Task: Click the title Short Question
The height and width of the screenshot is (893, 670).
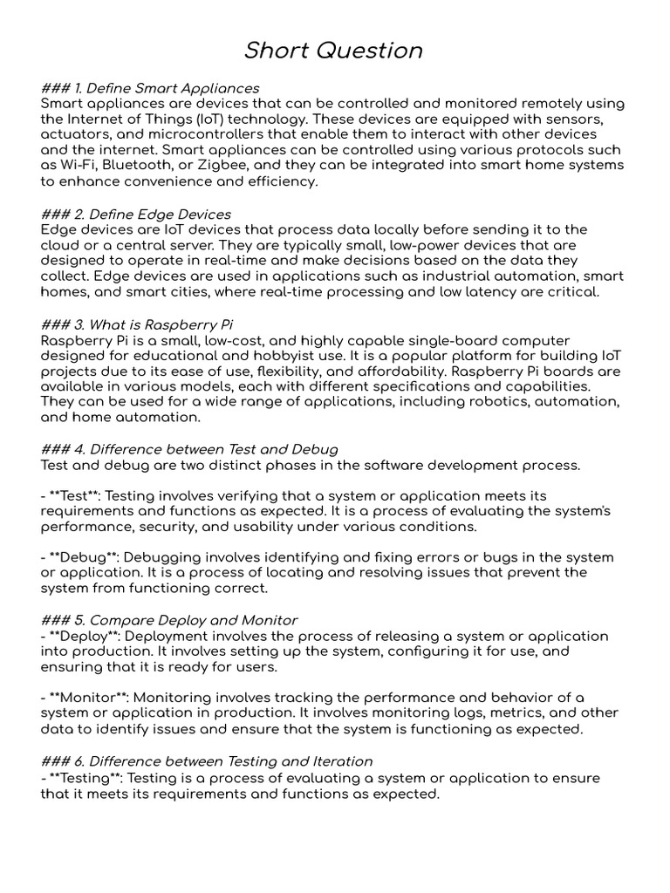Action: click(334, 51)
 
